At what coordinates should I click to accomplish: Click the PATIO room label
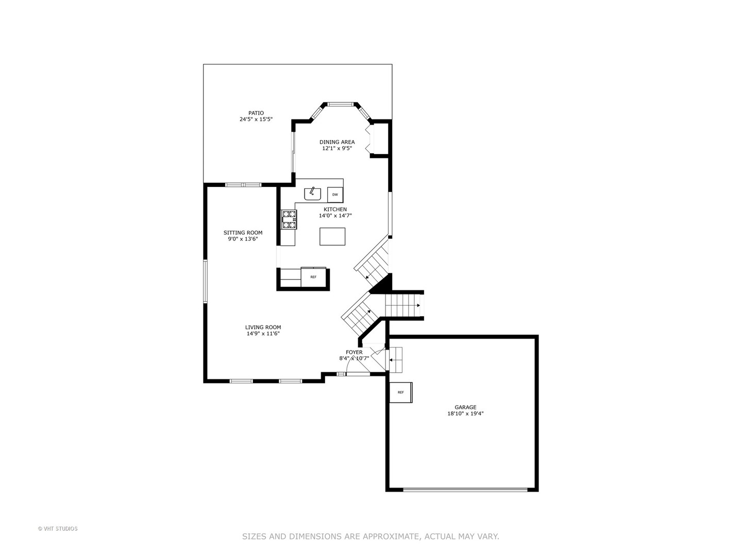[256, 113]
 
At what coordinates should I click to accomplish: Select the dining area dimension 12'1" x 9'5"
[337, 148]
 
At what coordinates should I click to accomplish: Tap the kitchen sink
[312, 194]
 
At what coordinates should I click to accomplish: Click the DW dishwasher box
[335, 195]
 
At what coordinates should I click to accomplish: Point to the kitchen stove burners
[289, 219]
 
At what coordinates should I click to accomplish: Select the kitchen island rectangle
[332, 236]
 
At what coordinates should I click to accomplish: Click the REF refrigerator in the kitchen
[313, 276]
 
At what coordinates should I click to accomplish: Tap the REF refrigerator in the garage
[400, 392]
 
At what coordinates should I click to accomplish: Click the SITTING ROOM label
[243, 233]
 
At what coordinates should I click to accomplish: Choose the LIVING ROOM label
[263, 327]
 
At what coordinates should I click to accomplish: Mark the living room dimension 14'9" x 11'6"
[263, 334]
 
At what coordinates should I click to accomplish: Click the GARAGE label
[465, 407]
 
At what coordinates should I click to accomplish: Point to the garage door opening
[465, 490]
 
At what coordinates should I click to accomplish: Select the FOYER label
[354, 352]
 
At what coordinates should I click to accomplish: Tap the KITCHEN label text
[335, 210]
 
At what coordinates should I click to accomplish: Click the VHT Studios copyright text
[58, 529]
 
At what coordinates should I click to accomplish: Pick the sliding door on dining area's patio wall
[293, 153]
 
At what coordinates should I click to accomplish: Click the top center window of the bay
[340, 105]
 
